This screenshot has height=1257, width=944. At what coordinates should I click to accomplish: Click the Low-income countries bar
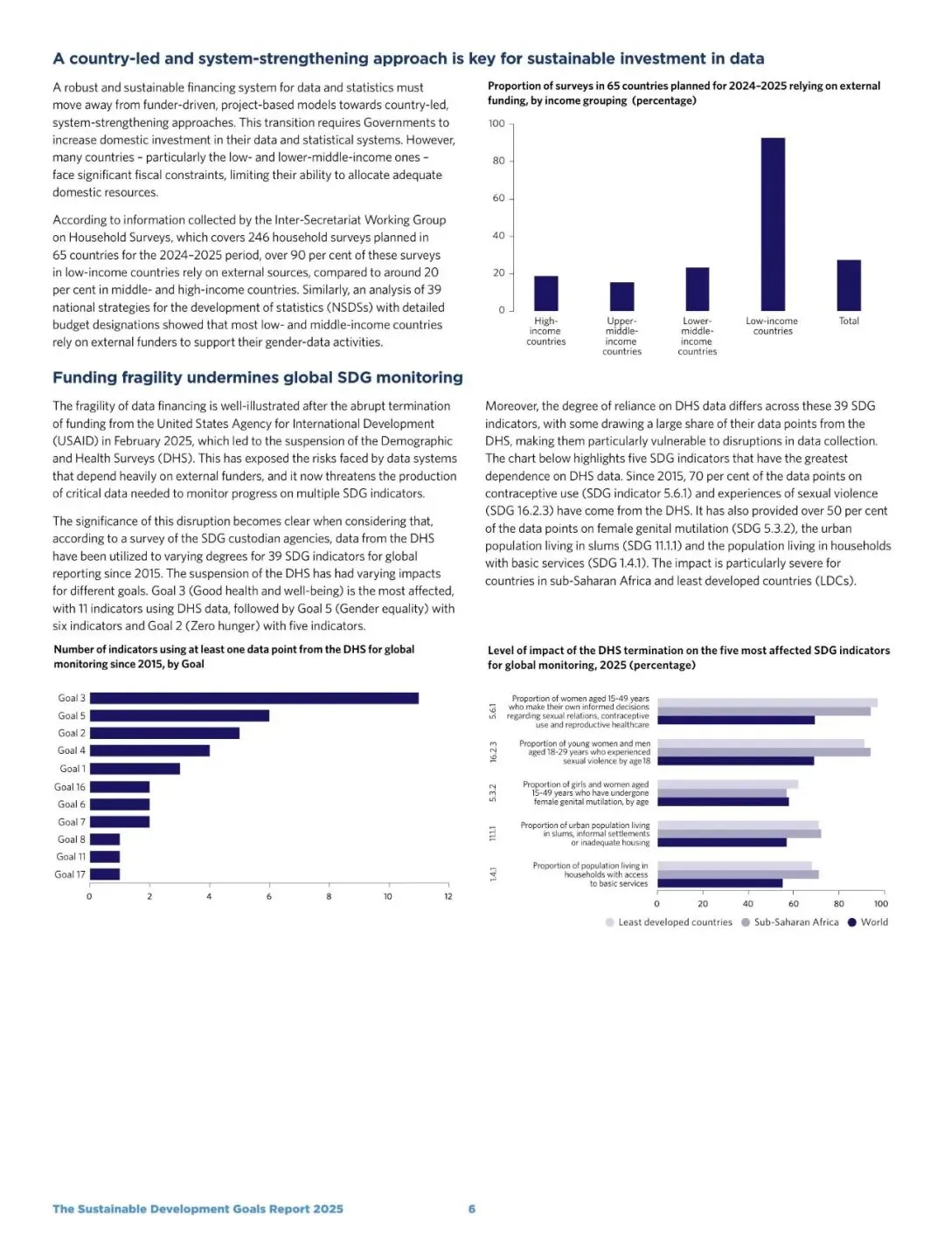pyautogui.click(x=773, y=224)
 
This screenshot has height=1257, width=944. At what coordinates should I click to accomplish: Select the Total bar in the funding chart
pyautogui.click(x=849, y=285)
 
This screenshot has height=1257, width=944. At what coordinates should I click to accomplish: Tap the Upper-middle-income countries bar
pyautogui.click(x=621, y=296)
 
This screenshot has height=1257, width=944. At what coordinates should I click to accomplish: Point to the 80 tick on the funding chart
pyautogui.click(x=498, y=161)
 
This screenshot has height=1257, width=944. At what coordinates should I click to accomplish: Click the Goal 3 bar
pyautogui.click(x=254, y=698)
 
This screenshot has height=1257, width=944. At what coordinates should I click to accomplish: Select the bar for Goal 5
pyautogui.click(x=179, y=715)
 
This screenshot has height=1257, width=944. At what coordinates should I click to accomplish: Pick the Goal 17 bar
pyautogui.click(x=105, y=874)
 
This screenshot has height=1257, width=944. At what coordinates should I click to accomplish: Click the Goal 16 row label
pyautogui.click(x=70, y=787)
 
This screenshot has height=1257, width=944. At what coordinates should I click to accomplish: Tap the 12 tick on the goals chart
pyautogui.click(x=448, y=896)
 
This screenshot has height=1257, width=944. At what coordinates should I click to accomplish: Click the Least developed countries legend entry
pyautogui.click(x=669, y=922)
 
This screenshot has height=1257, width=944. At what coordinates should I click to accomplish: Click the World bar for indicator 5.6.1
pyautogui.click(x=736, y=721)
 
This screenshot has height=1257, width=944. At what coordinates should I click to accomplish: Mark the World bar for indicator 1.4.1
pyautogui.click(x=719, y=883)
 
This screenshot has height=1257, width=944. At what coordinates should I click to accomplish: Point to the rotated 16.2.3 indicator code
pyautogui.click(x=493, y=752)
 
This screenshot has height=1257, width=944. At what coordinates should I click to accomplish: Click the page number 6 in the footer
pyautogui.click(x=472, y=1209)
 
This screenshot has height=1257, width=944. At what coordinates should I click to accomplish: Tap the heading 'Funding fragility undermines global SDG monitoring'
pyautogui.click(x=258, y=377)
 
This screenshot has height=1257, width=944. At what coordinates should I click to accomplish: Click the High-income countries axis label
pyautogui.click(x=545, y=331)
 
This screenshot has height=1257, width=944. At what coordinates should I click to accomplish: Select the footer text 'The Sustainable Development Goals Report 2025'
pyautogui.click(x=198, y=1209)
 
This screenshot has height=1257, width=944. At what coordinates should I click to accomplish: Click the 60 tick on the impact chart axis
pyautogui.click(x=794, y=904)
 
